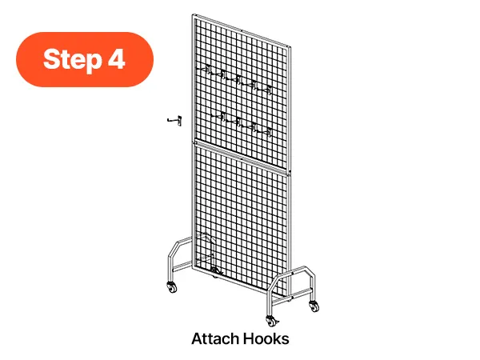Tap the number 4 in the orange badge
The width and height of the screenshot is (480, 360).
[x=116, y=58]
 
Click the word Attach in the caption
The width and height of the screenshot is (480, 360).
[x=215, y=339]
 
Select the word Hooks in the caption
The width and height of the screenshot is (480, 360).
[x=266, y=339]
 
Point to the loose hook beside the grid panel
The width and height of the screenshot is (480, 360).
[x=174, y=120]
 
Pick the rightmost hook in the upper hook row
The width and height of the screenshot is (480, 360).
[x=264, y=89]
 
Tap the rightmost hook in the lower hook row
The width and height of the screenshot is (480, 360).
[x=263, y=131]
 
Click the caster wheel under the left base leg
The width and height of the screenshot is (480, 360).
[x=172, y=287]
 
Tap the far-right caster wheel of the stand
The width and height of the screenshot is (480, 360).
[x=314, y=306]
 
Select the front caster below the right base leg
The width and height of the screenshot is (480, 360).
[x=271, y=321]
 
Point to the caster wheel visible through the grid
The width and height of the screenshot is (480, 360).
[x=215, y=271]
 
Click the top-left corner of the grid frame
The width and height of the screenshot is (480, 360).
[x=193, y=14]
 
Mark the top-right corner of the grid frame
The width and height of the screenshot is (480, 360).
[x=290, y=47]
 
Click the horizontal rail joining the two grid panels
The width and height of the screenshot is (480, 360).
[x=242, y=158]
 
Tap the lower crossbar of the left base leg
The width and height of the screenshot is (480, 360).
[x=182, y=266]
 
